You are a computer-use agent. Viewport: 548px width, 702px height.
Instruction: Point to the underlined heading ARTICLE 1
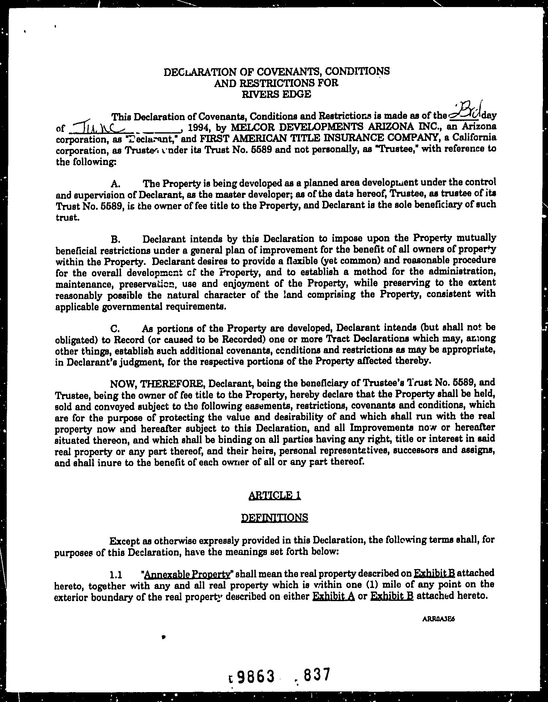coord(274,496)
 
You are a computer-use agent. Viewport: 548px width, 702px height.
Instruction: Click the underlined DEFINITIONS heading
coord(274,518)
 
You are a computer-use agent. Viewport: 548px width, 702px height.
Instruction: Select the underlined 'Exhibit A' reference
coord(334,597)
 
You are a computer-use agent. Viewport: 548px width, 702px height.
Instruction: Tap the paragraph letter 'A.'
coord(115,184)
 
